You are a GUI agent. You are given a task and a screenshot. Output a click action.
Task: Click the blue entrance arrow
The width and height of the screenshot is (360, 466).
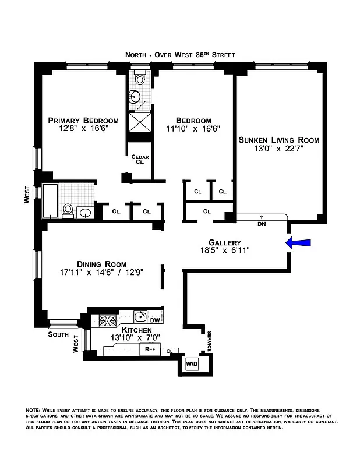point(300,243)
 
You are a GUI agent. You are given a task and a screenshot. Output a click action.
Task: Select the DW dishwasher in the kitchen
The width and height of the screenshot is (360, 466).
point(154,320)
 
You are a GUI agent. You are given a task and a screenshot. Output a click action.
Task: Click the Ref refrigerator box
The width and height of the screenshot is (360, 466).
point(150,349)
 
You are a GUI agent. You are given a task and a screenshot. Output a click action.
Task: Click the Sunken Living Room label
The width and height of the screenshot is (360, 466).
point(279,140)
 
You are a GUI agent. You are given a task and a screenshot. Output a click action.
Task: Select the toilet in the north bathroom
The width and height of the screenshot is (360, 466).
point(140,79)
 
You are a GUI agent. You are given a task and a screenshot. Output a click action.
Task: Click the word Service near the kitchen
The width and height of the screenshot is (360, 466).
point(209,341)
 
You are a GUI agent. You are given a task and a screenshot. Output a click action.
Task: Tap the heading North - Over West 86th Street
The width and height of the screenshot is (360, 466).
point(180,55)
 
